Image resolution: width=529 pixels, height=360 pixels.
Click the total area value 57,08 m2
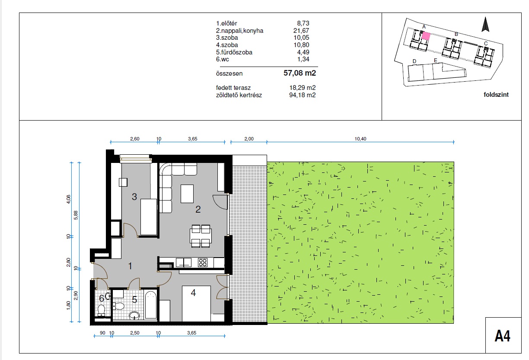pyautogui.click(x=300, y=73)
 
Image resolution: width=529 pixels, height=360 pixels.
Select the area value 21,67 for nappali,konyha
pyautogui.click(x=301, y=31)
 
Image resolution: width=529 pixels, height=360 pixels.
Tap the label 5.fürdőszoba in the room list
pyautogui.click(x=234, y=52)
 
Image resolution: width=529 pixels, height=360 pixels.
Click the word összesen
pyautogui.click(x=229, y=73)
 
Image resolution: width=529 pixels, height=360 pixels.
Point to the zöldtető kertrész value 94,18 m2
pyautogui.click(x=302, y=95)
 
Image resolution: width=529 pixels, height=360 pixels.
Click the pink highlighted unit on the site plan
pyautogui.click(x=426, y=36)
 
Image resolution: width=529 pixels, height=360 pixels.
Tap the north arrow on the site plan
pyautogui.click(x=485, y=24)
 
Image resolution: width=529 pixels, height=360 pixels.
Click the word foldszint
pyautogui.click(x=496, y=95)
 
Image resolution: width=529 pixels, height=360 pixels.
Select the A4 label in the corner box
pyautogui.click(x=503, y=336)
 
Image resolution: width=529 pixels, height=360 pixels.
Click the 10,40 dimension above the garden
pyautogui.click(x=360, y=139)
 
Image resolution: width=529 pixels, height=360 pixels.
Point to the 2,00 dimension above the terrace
pyautogui.click(x=249, y=139)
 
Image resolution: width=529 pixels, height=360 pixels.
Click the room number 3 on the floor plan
pyautogui.click(x=134, y=197)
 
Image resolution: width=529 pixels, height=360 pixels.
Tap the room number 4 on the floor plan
pyautogui.click(x=193, y=293)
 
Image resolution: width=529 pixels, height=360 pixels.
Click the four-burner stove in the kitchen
pyautogui.click(x=203, y=262)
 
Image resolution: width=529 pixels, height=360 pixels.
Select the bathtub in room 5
pyautogui.click(x=150, y=305)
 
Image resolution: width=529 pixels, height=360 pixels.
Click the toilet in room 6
pyautogui.click(x=102, y=310)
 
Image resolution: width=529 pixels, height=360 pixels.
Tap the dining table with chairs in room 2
pyautogui.click(x=201, y=236)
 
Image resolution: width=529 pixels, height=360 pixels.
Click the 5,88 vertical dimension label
pyautogui.click(x=76, y=215)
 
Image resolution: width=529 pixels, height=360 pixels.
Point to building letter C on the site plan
pyautogui.click(x=486, y=44)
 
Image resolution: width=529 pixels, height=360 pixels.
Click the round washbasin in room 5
pyautogui.click(x=134, y=315)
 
